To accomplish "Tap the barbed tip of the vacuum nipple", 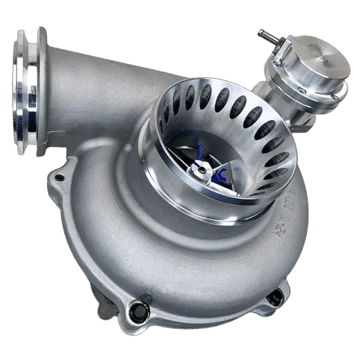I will click(261, 33).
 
